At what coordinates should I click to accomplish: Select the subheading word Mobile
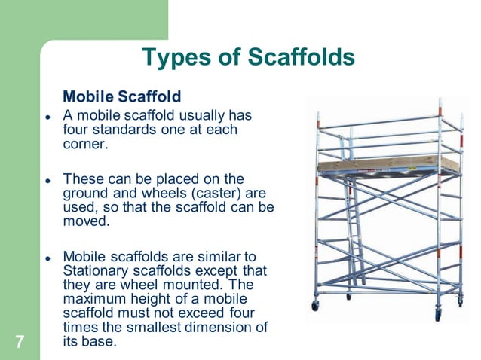[x=88, y=97]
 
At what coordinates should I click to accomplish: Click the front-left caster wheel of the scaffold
[x=315, y=305]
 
